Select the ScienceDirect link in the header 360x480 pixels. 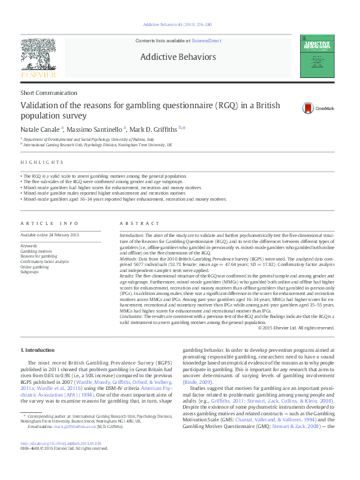(x=206, y=41)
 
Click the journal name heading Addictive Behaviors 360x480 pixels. (x=178, y=57)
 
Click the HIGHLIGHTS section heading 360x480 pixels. (x=42, y=163)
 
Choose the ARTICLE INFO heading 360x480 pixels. (x=50, y=223)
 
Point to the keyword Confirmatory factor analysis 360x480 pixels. (x=45, y=261)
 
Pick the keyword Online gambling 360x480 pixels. (x=35, y=267)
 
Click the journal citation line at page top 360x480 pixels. (x=177, y=24)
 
